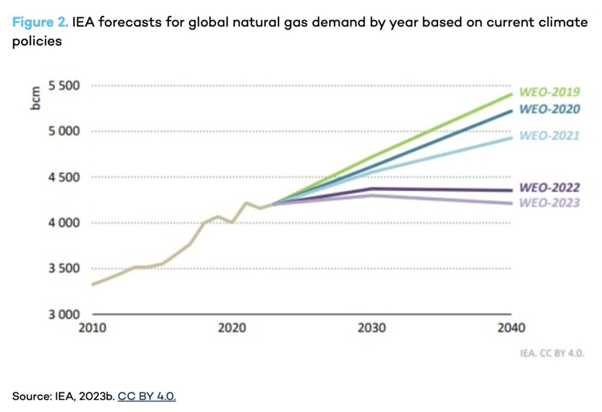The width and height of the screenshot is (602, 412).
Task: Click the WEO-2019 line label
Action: pyautogui.click(x=550, y=92)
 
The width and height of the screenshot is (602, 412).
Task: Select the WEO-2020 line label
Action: pyautogui.click(x=550, y=109)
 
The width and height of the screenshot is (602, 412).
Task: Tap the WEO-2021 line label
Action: pyautogui.click(x=550, y=136)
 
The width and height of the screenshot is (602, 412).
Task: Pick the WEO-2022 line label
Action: pyautogui.click(x=550, y=188)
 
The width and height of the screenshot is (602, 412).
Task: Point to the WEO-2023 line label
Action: pyautogui.click(x=550, y=203)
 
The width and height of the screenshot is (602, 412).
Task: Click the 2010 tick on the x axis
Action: pyautogui.click(x=92, y=328)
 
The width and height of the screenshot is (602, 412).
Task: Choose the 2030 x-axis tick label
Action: pyautogui.click(x=371, y=328)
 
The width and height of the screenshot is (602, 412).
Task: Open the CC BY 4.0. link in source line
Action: pyautogui.click(x=146, y=396)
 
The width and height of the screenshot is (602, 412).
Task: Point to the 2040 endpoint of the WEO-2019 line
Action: pyautogui.click(x=511, y=94)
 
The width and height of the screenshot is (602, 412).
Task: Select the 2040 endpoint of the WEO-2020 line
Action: pyautogui.click(x=511, y=111)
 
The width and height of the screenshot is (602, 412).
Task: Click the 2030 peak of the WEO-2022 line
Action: pyautogui.click(x=371, y=188)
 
